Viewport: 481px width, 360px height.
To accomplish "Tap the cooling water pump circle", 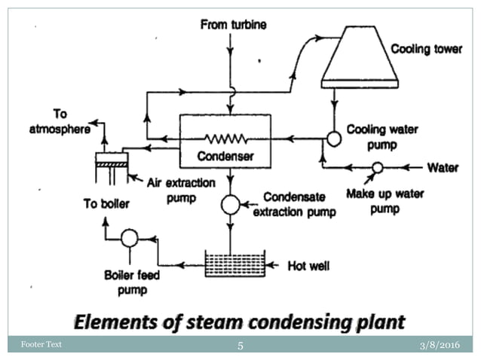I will [332, 139].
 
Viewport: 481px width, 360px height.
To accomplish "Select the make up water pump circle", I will [377, 166].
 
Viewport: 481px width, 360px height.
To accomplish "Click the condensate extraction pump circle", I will [230, 204].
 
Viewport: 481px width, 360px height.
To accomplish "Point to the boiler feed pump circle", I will [129, 238].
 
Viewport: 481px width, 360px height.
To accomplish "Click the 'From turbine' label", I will [232, 25].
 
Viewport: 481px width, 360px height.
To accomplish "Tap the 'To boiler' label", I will [106, 203].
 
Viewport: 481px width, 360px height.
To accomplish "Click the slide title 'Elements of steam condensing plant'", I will [240, 322].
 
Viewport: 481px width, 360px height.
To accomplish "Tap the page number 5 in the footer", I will [240, 346].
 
